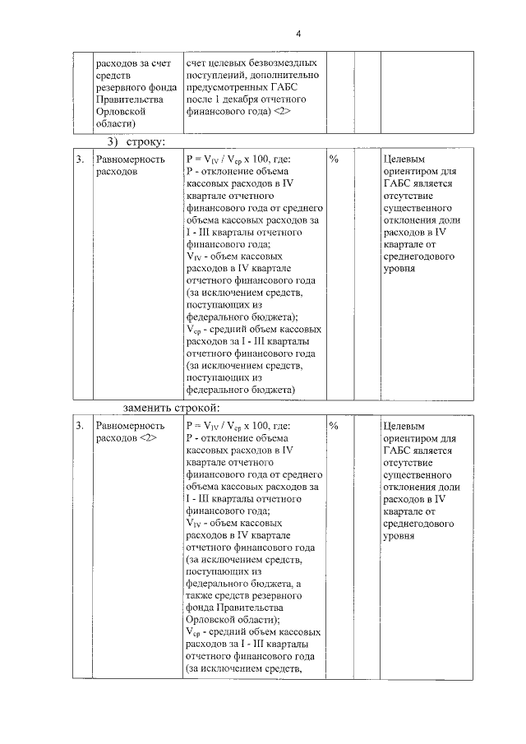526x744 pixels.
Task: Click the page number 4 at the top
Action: click(x=298, y=33)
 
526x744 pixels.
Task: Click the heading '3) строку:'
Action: click(x=132, y=142)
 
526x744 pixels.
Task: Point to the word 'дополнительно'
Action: click(x=284, y=75)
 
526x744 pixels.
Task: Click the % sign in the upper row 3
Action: click(x=334, y=159)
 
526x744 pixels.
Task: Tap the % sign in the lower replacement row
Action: click(x=334, y=426)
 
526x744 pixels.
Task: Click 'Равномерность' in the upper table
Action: click(x=131, y=159)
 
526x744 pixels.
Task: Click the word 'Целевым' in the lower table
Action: click(x=405, y=427)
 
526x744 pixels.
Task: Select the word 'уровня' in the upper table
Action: click(x=400, y=268)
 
